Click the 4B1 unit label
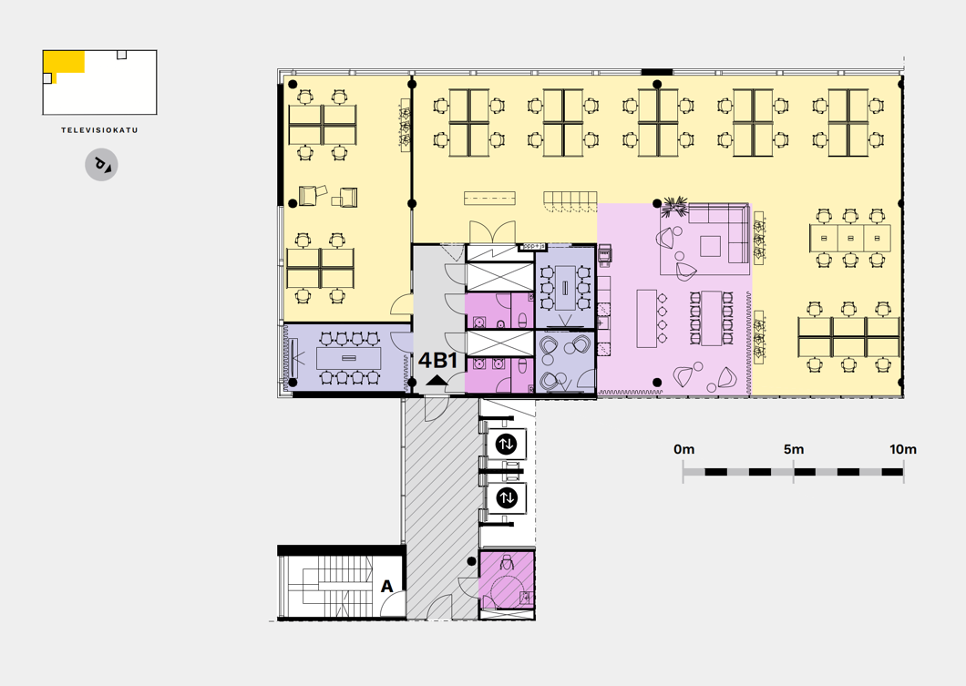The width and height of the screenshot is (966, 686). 438,360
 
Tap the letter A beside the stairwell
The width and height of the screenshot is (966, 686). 387,586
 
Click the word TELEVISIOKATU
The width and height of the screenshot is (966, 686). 100,130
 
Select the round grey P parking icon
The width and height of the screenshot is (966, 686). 101,165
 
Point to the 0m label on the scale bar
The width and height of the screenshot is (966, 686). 683,449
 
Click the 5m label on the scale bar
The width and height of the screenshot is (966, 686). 794,449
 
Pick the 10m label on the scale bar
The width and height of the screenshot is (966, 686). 902,449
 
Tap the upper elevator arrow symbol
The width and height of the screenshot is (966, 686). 507,444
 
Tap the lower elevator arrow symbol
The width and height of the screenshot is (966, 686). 507,497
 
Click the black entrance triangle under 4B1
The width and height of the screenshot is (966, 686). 437,380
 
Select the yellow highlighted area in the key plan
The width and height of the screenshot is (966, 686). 63,64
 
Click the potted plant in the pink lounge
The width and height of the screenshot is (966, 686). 674,207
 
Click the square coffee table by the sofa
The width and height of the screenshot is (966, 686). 710,246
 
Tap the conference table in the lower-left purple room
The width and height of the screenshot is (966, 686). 349,358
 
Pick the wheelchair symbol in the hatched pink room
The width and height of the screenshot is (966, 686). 507,563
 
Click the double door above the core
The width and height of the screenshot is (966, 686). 493,232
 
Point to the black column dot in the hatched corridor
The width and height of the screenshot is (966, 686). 471,561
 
